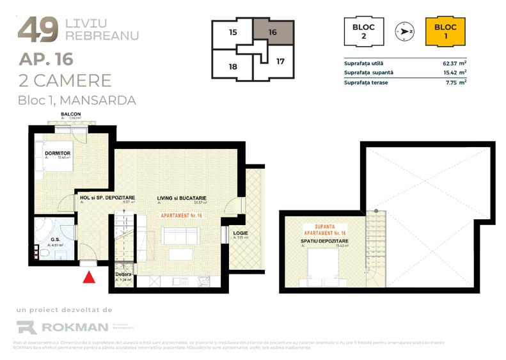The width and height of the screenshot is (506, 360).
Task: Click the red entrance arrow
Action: tap(90, 276)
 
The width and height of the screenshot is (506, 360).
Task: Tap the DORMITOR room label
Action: tap(57, 153)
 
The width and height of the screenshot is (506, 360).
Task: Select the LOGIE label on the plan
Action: tap(241, 231)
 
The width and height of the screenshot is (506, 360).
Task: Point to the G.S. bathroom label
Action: tap(56, 240)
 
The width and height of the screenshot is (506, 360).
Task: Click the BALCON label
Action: tap(70, 114)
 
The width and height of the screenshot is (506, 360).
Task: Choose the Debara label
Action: tap(123, 274)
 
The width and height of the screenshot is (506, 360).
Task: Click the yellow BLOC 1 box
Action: tap(445, 31)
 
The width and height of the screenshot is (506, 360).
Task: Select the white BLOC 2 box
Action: tap(363, 31)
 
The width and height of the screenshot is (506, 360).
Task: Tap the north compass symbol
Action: tap(404, 30)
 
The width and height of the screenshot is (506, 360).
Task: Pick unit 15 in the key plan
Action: tap(233, 31)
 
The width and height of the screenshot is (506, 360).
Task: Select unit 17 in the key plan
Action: tap(280, 62)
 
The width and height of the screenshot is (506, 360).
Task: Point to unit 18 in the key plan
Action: tap(233, 66)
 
